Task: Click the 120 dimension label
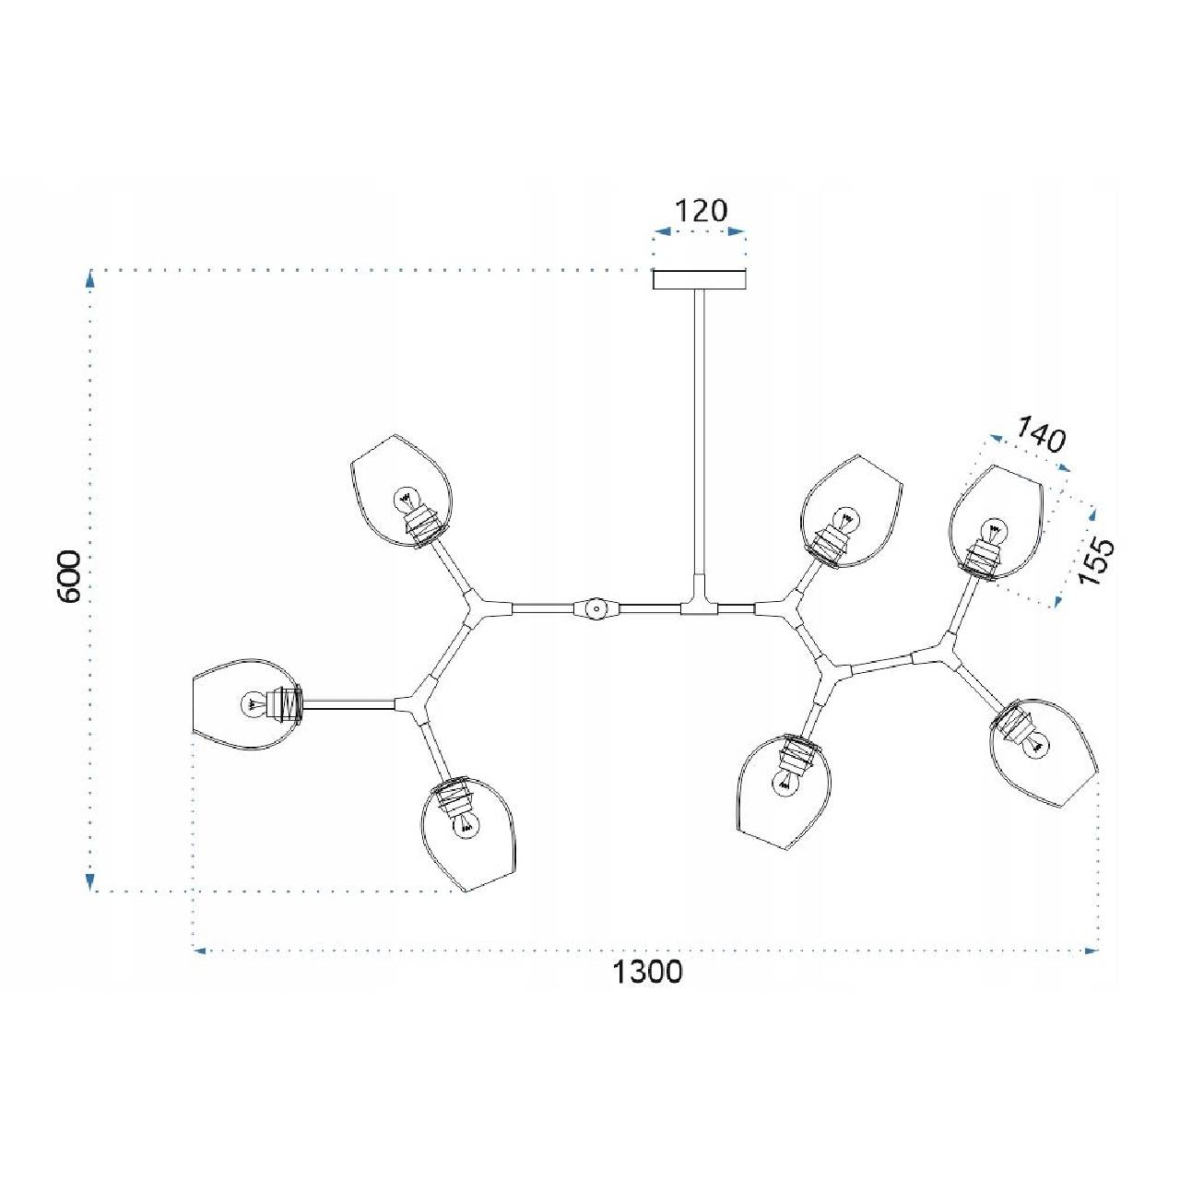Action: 701,210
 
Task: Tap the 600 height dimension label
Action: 68,576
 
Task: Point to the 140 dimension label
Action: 1041,434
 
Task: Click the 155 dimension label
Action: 1094,562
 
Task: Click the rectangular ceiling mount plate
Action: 700,279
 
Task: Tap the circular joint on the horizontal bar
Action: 594,608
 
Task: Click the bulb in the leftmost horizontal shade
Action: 253,705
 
